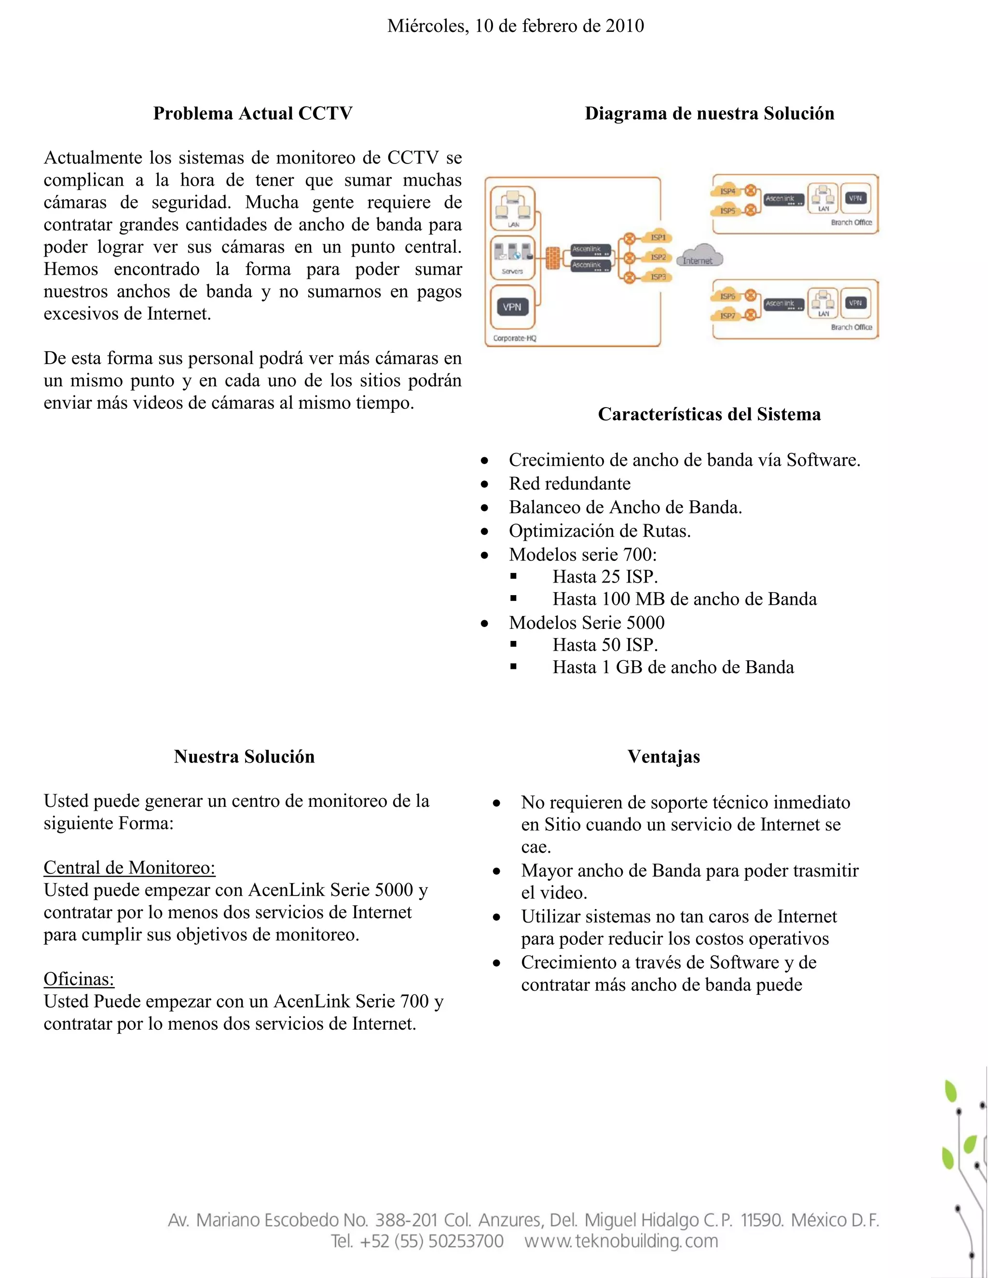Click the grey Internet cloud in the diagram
[699, 258]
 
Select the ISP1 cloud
[658, 237]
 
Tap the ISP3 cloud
[658, 277]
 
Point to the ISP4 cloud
[727, 191]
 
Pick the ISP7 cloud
[727, 315]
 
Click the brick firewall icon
[552, 258]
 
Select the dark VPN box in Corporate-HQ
[512, 307]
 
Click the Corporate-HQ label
[514, 338]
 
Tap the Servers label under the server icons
[512, 272]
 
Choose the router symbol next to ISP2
[629, 258]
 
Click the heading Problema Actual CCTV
[253, 113]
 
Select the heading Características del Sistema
[709, 414]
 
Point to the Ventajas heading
[664, 757]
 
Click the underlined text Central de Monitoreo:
[129, 867]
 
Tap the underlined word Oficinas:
[79, 979]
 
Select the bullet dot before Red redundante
[485, 484]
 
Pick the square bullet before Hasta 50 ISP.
[513, 644]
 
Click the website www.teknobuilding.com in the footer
[621, 1241]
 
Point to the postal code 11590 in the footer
[761, 1220]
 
